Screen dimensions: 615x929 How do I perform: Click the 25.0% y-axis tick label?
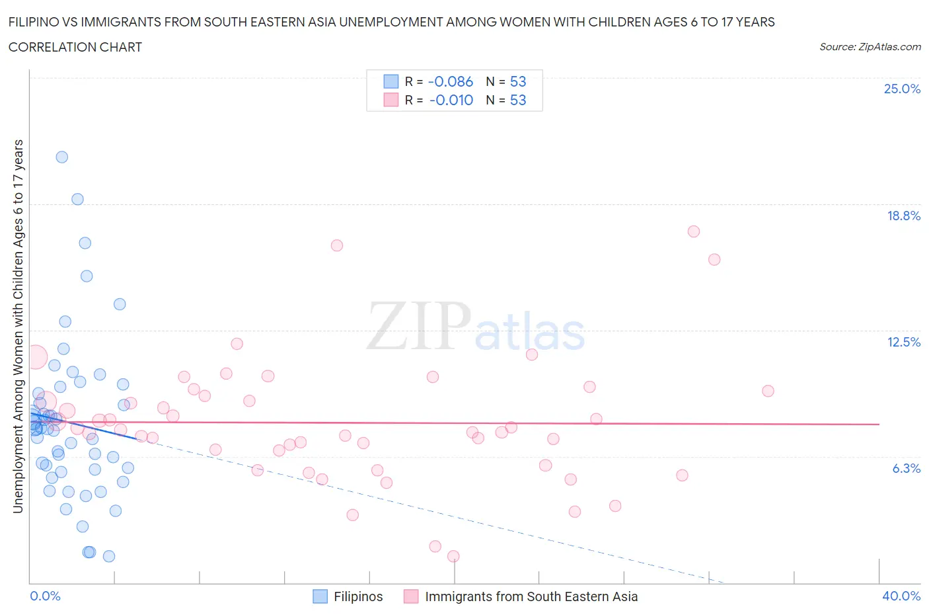(902, 89)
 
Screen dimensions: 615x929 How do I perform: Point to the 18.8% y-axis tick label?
(903, 216)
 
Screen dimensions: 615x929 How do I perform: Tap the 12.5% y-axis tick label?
(903, 342)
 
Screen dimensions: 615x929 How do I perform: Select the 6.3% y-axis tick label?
(906, 468)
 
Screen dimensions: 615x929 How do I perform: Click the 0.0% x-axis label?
(46, 596)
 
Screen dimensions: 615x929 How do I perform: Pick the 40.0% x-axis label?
(901, 596)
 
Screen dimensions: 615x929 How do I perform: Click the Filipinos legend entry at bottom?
(357, 596)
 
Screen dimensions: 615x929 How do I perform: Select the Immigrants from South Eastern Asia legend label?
(531, 596)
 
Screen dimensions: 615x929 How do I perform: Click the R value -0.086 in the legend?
(451, 81)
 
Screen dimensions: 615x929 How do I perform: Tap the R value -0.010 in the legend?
(451, 100)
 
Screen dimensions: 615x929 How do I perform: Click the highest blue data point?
(62, 157)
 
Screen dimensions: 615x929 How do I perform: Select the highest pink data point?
(693, 231)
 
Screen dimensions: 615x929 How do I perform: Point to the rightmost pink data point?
(768, 391)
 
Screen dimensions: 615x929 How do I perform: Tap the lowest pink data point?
(453, 556)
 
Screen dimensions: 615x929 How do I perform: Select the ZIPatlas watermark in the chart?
(476, 327)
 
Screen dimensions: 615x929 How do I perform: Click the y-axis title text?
(18, 326)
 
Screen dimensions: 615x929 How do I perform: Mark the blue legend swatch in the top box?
(391, 81)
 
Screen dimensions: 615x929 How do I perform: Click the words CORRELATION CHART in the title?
(75, 47)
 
